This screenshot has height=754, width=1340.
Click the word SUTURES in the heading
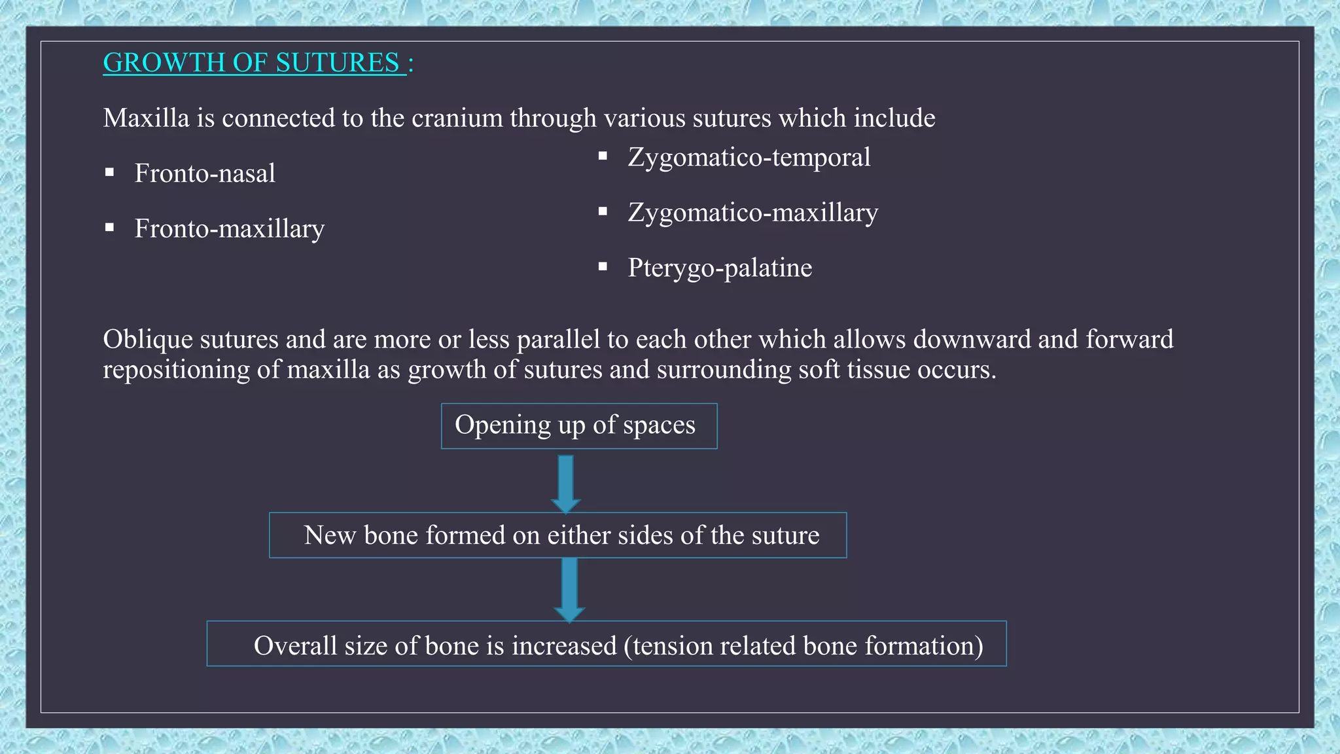tap(337, 63)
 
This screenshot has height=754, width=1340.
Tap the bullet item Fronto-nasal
tap(205, 173)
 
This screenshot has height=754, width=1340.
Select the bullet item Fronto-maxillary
tap(229, 228)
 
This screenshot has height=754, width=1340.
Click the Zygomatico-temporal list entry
tap(749, 157)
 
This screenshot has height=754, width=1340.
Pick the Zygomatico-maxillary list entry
tap(752, 213)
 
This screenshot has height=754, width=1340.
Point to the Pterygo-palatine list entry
tap(720, 268)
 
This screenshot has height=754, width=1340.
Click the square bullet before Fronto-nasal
tap(109, 173)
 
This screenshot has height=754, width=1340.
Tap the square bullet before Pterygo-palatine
tap(603, 267)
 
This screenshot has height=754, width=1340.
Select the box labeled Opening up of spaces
tap(578, 426)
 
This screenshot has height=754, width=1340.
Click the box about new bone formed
tap(557, 535)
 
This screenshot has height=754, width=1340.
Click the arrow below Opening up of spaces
tap(566, 483)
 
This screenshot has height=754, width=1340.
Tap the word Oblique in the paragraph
tap(148, 340)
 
